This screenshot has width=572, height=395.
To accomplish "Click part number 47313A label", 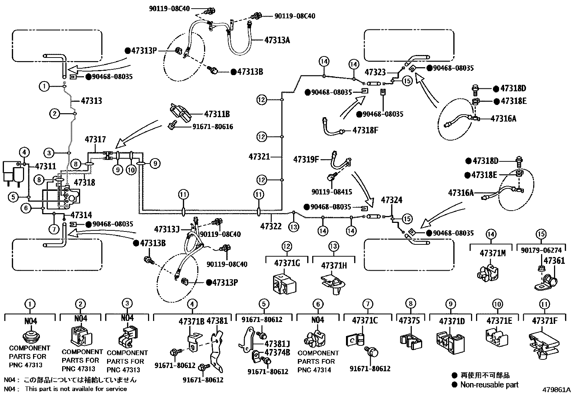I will (x=277, y=40).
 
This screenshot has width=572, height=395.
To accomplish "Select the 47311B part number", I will (x=217, y=114).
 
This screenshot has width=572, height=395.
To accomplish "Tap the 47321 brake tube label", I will (x=259, y=156).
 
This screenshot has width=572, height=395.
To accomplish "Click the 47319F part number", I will (x=306, y=159).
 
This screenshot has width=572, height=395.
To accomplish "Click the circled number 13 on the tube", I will (x=294, y=227).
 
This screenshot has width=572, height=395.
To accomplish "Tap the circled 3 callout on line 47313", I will (x=50, y=153).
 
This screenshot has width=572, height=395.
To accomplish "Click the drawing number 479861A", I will (x=557, y=390).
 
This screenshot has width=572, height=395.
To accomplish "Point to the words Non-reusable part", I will (x=489, y=385).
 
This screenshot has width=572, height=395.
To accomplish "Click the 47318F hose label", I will (x=365, y=130).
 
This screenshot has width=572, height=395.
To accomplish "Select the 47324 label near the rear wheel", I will (x=392, y=200).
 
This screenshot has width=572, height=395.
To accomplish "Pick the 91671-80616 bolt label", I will (x=213, y=127).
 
